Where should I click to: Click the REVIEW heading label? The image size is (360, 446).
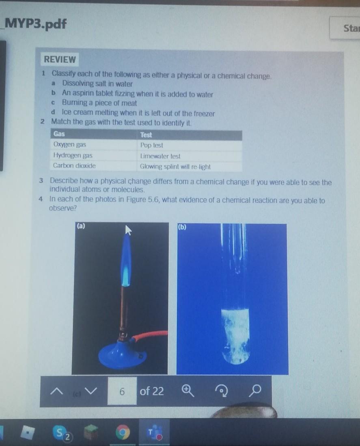point(60,59)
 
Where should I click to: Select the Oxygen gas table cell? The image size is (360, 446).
point(93,144)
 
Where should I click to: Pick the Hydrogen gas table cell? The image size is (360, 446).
point(93,155)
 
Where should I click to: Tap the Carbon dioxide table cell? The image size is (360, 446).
point(93,166)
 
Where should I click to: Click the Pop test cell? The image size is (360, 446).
point(190,145)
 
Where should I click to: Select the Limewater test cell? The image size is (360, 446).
point(190,156)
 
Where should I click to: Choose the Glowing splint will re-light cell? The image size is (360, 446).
point(190,167)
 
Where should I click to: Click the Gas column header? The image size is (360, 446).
point(93,134)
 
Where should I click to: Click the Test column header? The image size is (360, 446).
point(190,135)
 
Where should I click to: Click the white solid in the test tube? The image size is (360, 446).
point(235,336)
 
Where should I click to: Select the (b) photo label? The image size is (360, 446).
point(182,227)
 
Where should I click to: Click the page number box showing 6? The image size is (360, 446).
point(122,391)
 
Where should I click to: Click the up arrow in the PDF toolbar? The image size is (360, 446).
point(56,392)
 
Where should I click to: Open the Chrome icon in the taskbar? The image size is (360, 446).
point(123,432)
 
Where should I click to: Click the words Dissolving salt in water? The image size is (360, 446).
point(97,84)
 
